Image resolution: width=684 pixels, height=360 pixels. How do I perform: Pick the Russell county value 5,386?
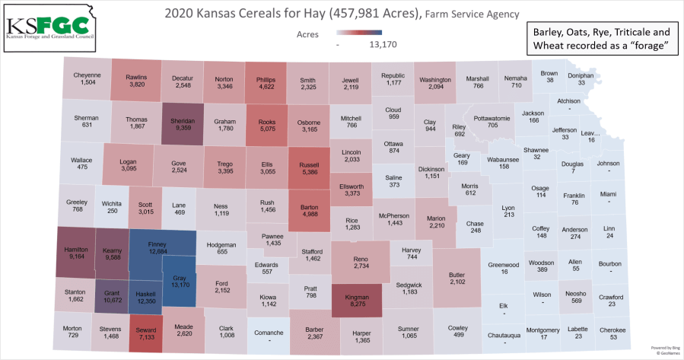coord(310,173)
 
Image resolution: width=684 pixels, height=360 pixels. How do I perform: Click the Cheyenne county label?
coord(87,75)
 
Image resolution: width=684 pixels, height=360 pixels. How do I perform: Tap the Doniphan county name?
coord(581,75)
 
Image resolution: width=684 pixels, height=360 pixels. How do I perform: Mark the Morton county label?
coord(72,328)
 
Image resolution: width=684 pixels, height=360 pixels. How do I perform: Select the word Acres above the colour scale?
coord(307,33)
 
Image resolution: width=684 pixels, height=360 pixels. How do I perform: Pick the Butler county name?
coord(457,273)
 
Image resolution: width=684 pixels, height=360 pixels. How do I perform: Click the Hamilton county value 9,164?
coord(78,257)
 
